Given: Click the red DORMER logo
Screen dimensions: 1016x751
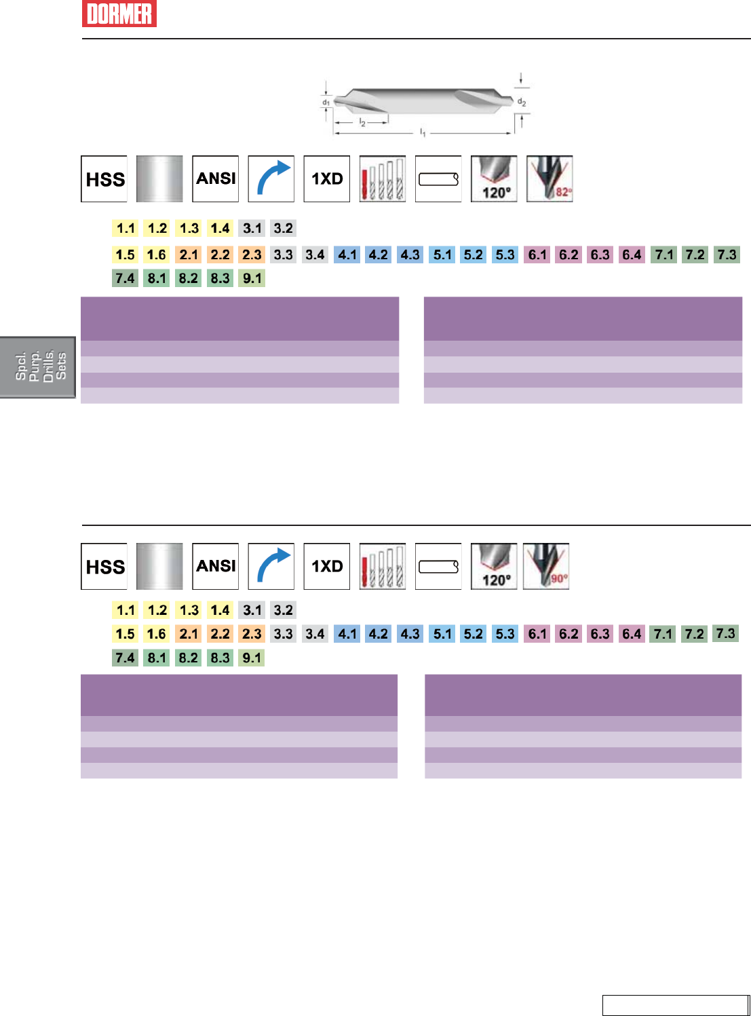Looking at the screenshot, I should (119, 14).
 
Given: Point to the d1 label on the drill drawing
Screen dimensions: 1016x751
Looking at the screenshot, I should (326, 102).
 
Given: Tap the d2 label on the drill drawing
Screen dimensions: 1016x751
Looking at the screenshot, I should (522, 102).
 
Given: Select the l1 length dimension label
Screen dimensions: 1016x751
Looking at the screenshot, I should (423, 132).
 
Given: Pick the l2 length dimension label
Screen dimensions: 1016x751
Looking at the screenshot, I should (362, 123).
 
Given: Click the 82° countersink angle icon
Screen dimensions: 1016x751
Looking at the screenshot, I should (550, 179).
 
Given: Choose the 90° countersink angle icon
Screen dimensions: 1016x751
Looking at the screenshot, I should (546, 566).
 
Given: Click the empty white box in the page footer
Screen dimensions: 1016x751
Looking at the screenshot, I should (675, 1005).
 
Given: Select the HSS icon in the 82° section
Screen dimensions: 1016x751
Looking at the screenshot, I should (104, 179).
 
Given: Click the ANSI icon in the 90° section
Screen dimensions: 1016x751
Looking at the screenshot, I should (216, 566).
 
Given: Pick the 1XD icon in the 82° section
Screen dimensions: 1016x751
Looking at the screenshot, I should (327, 179).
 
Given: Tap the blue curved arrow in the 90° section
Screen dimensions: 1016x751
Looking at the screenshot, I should (271, 566).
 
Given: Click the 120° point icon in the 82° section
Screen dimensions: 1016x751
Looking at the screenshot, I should (495, 179).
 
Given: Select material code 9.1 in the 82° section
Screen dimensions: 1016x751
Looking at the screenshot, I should (252, 278).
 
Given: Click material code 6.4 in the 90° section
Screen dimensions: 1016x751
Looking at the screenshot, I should (632, 634).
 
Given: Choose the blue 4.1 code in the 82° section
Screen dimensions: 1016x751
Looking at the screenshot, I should (347, 255).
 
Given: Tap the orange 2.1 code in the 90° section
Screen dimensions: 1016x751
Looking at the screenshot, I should (189, 634).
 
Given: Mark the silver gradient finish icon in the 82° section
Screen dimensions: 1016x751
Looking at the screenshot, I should (160, 179).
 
